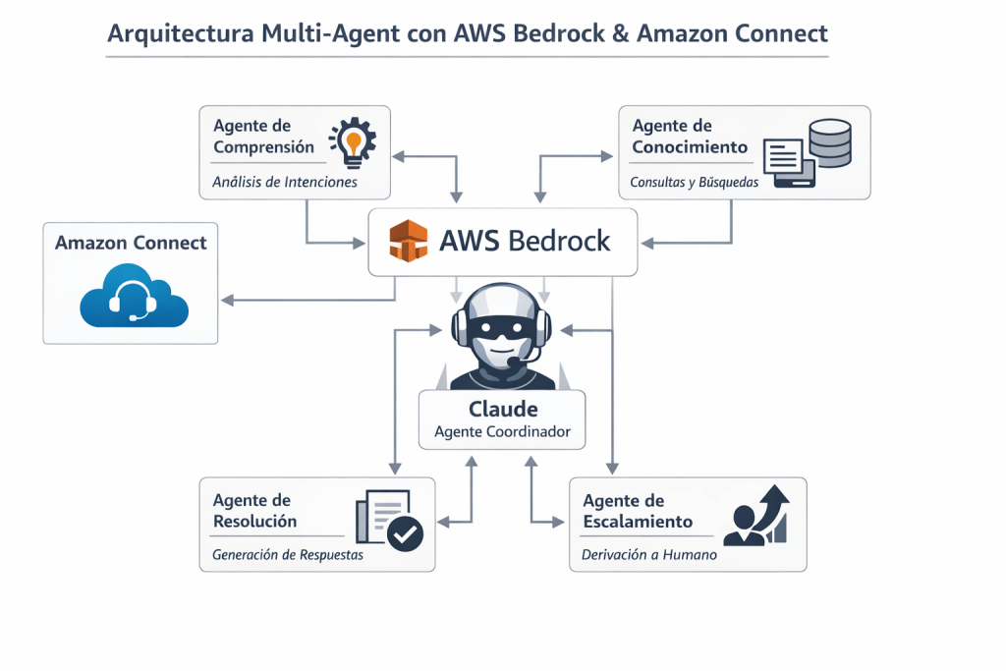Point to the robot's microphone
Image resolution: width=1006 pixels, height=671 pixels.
pos(515,363)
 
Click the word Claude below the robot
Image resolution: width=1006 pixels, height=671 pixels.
pos(503,409)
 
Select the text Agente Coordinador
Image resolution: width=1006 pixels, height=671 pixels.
pos(503,431)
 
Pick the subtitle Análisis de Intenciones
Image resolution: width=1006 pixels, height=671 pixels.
pos(285,182)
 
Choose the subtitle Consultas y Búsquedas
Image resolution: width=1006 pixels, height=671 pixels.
pos(694,182)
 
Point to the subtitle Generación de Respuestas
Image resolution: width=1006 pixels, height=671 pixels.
pos(288,555)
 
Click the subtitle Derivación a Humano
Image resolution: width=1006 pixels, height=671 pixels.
pos(648,555)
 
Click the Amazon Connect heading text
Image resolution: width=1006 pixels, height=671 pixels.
pos(131,243)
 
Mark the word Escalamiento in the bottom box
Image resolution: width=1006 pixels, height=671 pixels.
pos(638,522)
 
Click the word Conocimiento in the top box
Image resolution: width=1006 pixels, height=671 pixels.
pos(690,147)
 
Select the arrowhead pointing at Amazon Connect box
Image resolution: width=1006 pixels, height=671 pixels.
pos(226,300)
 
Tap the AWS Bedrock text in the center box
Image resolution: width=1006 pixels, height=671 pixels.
pos(526,241)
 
